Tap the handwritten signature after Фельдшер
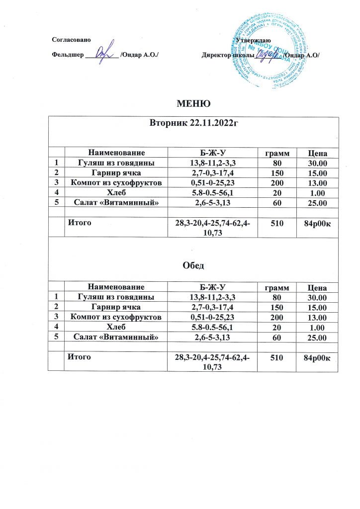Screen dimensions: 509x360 click(102, 52)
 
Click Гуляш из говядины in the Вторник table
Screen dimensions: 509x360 click(116, 163)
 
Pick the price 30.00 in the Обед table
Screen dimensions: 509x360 click(317, 297)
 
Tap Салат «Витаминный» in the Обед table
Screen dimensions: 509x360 click(116, 337)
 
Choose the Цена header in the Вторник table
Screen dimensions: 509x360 click(317, 153)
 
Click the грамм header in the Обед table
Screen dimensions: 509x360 click(276, 287)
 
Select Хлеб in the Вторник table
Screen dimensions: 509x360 click(116, 193)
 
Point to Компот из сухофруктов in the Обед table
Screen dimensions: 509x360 click(116, 317)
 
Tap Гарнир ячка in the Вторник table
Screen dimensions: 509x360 click(116, 173)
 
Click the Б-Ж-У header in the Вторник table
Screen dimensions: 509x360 click(213, 153)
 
